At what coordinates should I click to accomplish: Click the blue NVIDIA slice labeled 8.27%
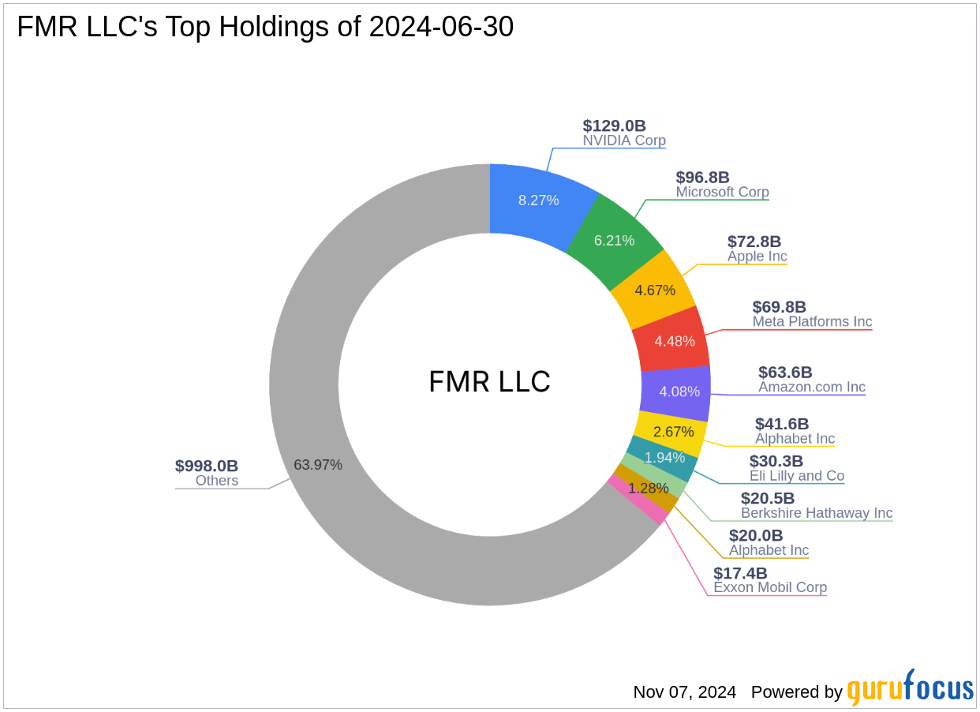coord(538,200)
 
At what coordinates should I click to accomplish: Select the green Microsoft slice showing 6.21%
coord(614,240)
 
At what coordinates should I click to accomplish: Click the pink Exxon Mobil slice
coord(638,499)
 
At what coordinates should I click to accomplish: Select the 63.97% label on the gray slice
coord(318,465)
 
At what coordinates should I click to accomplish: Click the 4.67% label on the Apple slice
coord(655,290)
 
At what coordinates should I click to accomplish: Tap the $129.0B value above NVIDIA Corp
coord(614,126)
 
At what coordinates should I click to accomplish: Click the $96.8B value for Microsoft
coord(702,178)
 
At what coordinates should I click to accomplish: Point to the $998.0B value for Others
coord(206,466)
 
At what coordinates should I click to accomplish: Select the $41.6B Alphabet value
coord(781,424)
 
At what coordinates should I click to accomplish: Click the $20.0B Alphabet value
coord(755,536)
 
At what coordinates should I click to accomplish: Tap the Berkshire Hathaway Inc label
coord(816,513)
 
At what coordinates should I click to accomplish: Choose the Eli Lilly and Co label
coord(796,476)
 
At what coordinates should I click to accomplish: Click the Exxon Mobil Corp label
coord(769,587)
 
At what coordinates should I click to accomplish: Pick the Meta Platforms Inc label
coord(812,321)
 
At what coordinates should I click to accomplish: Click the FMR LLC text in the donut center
coord(489,382)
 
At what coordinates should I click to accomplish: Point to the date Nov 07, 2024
coord(684,692)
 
